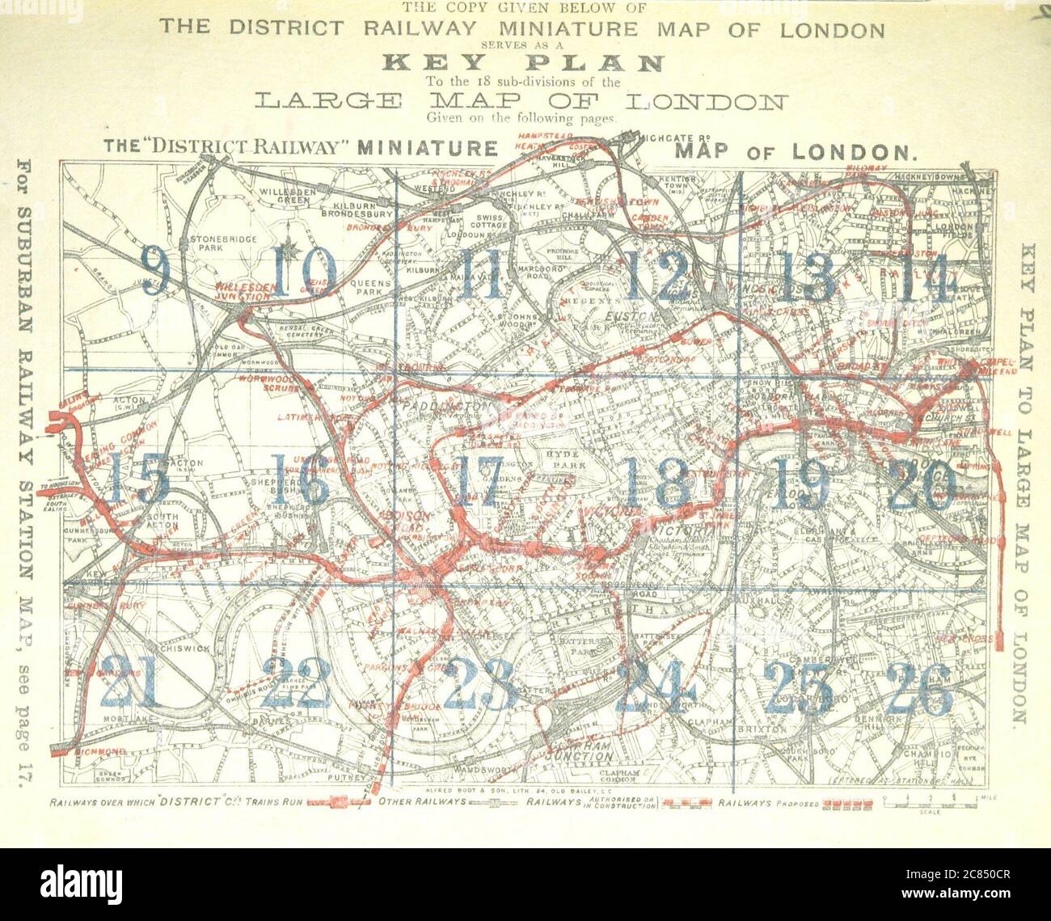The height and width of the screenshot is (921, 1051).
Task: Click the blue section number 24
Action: click(655, 686)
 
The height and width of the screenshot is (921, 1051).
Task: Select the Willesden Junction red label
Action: click(243, 293)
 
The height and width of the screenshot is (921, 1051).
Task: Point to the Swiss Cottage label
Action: click(491, 222)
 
